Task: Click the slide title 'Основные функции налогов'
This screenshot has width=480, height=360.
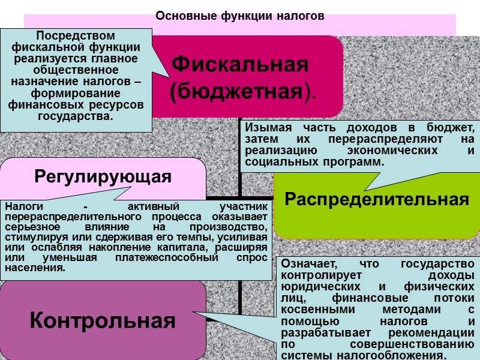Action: (240, 16)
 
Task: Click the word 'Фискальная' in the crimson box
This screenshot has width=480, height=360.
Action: (240, 64)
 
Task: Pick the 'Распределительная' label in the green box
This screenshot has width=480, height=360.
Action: (377, 200)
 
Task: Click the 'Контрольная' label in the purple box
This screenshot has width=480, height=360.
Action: (103, 320)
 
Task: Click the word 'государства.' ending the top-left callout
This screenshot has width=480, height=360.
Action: (75, 116)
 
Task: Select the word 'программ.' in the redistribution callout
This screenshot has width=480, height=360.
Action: (353, 163)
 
